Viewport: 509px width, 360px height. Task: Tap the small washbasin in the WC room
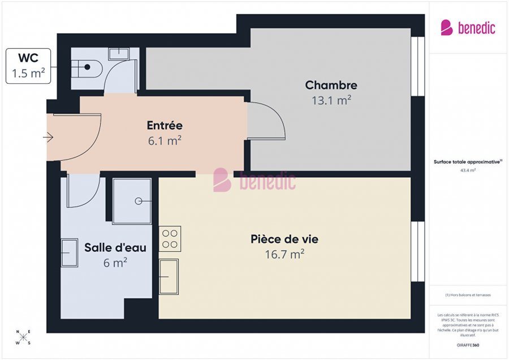[119, 53]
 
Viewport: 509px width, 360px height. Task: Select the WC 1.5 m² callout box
[28, 66]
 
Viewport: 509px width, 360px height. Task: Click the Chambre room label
[331, 85]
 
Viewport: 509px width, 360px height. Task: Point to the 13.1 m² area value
[331, 100]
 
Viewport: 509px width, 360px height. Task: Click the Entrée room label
[165, 126]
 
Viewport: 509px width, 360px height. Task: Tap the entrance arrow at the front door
[48, 137]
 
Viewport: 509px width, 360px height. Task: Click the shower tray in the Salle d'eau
[132, 201]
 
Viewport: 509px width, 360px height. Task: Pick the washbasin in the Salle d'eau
[69, 252]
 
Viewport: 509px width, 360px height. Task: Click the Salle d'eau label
[115, 247]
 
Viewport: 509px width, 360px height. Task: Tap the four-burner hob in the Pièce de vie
[170, 239]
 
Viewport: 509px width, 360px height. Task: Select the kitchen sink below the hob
[169, 276]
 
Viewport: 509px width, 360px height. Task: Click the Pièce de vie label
[284, 239]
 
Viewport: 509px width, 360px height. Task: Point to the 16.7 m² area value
[284, 254]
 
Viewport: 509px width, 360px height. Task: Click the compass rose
[23, 337]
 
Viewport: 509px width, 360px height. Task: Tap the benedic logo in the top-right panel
[468, 27]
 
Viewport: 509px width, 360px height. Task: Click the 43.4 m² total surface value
[468, 170]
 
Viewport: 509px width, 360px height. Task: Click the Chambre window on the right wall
[417, 67]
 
